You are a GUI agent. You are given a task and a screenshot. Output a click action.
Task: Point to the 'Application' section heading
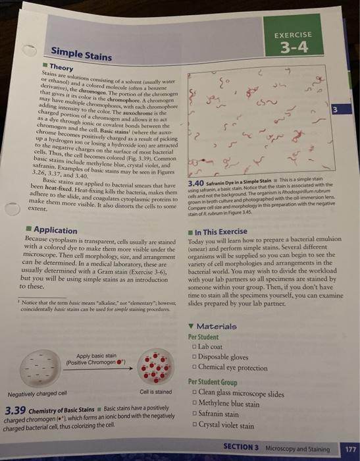[x=55, y=229]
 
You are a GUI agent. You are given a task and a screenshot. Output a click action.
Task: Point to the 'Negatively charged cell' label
[x=38, y=394]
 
